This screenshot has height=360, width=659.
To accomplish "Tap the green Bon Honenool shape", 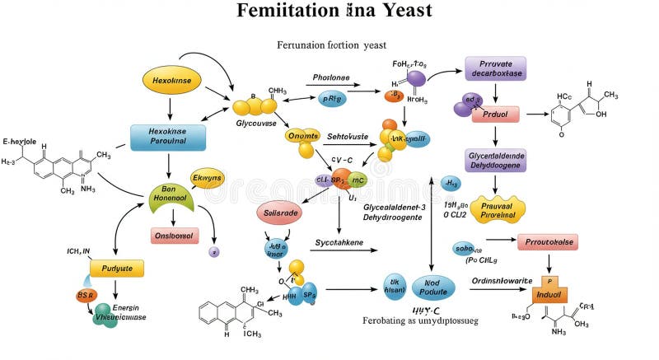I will point(174,195).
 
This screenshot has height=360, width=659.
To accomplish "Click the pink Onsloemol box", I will point(174,235).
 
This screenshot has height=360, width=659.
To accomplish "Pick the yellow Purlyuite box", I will point(116,268).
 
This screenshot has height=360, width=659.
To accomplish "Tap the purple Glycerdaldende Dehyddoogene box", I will point(496,159).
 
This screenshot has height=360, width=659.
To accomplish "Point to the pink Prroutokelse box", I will point(548,241).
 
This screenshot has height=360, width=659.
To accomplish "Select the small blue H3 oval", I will point(451,183).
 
